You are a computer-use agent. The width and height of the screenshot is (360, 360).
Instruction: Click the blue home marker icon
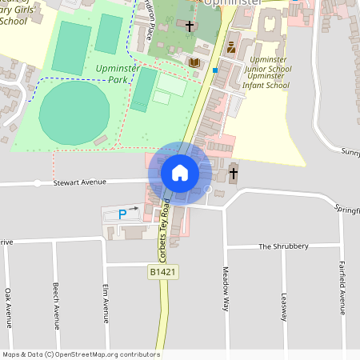point(180,172)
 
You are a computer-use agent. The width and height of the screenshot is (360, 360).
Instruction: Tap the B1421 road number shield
point(162,273)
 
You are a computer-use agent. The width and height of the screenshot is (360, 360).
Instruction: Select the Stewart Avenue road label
point(80,182)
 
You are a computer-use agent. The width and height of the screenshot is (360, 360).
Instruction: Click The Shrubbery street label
point(283,246)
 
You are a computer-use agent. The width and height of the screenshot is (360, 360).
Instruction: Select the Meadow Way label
point(226,288)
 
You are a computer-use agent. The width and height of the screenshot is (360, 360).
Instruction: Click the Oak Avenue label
point(7,306)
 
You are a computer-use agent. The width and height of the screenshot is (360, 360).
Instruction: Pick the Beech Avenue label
point(56,306)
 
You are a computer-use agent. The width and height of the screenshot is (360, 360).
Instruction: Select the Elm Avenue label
point(106,302)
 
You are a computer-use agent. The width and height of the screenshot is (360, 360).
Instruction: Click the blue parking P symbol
point(122,214)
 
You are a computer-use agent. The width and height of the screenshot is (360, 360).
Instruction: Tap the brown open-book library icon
point(194,62)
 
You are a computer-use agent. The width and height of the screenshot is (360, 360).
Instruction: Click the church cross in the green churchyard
point(190,27)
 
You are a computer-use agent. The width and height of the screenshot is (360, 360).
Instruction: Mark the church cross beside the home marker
point(234,173)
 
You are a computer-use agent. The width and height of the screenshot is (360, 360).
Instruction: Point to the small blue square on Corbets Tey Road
point(214,70)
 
